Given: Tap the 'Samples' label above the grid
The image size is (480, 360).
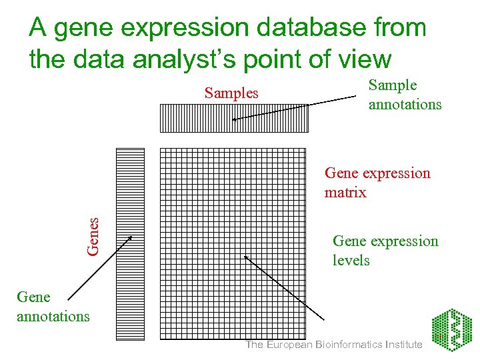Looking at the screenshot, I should tap(231, 93).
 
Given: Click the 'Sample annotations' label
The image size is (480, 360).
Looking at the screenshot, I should tap(405, 95).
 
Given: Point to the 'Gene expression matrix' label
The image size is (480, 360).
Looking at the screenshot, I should tap(377, 183).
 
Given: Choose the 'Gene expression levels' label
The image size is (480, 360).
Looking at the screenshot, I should tap(385, 251).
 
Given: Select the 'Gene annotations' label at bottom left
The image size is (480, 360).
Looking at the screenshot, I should tap(53, 307).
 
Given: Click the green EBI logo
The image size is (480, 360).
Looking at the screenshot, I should tap(451, 331).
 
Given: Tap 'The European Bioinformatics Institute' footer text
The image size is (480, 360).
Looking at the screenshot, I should tap(334, 345).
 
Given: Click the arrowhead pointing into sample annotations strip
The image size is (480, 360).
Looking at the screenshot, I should tap(235, 119).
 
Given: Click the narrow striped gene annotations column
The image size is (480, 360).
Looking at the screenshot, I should tap(130, 243).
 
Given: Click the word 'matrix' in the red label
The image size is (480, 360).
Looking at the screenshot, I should tap(345, 193).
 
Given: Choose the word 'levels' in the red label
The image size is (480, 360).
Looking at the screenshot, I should tap(351, 261).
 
